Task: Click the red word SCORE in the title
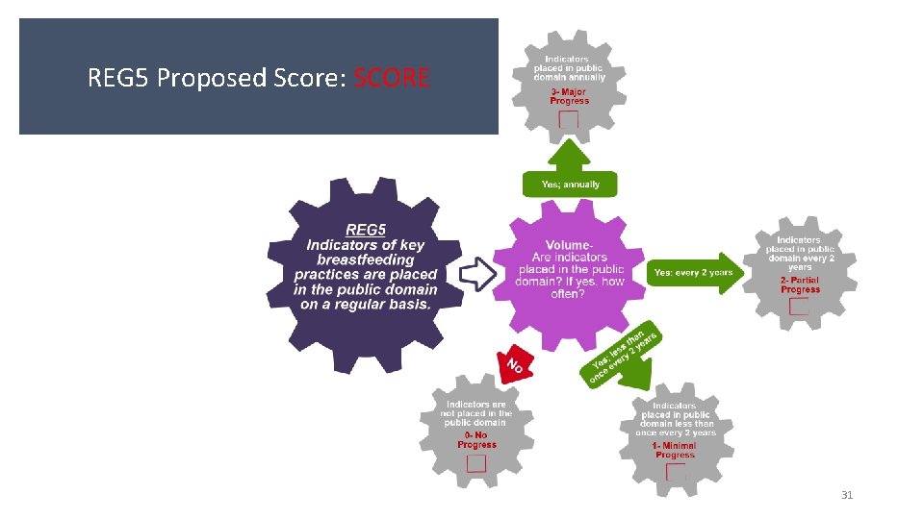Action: (x=392, y=77)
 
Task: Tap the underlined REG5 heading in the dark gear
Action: (x=365, y=230)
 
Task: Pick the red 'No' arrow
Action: (x=514, y=363)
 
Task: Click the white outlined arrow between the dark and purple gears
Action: (x=475, y=274)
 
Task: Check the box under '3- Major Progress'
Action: (x=569, y=120)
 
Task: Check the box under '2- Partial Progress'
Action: (x=799, y=307)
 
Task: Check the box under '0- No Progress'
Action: (x=476, y=463)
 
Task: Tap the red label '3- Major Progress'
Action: (x=570, y=95)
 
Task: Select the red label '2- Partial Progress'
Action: (x=800, y=284)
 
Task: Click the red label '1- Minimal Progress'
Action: (x=675, y=450)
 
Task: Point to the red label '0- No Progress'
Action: (x=477, y=439)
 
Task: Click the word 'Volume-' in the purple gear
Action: (x=569, y=245)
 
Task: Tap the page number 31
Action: (x=847, y=495)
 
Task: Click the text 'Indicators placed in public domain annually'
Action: (x=570, y=69)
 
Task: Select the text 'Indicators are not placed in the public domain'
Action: (x=476, y=413)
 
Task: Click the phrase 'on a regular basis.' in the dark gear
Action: (x=366, y=305)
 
